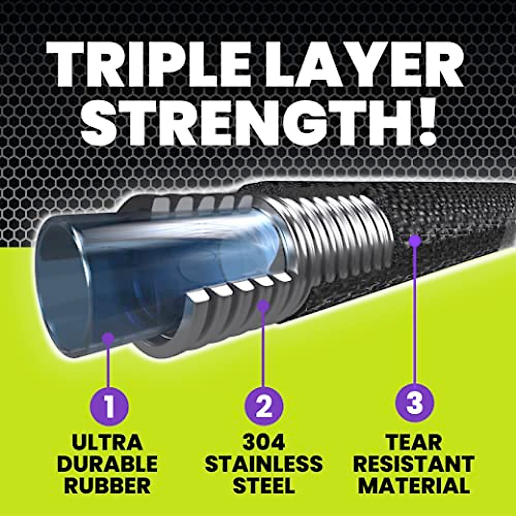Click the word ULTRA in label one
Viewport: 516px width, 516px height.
point(108,443)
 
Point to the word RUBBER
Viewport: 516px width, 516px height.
point(108,485)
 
